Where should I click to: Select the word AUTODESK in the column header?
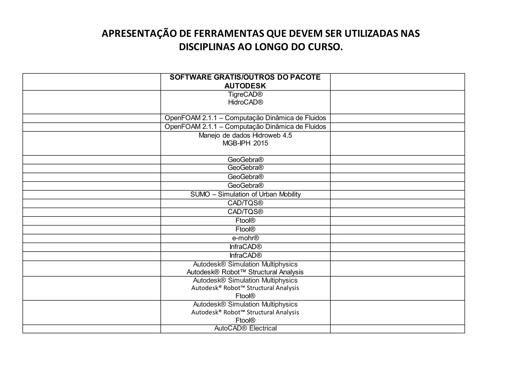click(245, 86)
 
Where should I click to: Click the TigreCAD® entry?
click(245, 95)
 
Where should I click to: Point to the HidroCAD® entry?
click(245, 102)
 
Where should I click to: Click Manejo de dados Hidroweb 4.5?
click(245, 135)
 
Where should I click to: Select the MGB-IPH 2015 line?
click(245, 143)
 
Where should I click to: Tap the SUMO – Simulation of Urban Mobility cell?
click(245, 194)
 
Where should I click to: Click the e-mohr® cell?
click(245, 238)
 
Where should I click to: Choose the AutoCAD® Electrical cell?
click(245, 328)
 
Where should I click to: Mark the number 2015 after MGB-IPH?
click(261, 143)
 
